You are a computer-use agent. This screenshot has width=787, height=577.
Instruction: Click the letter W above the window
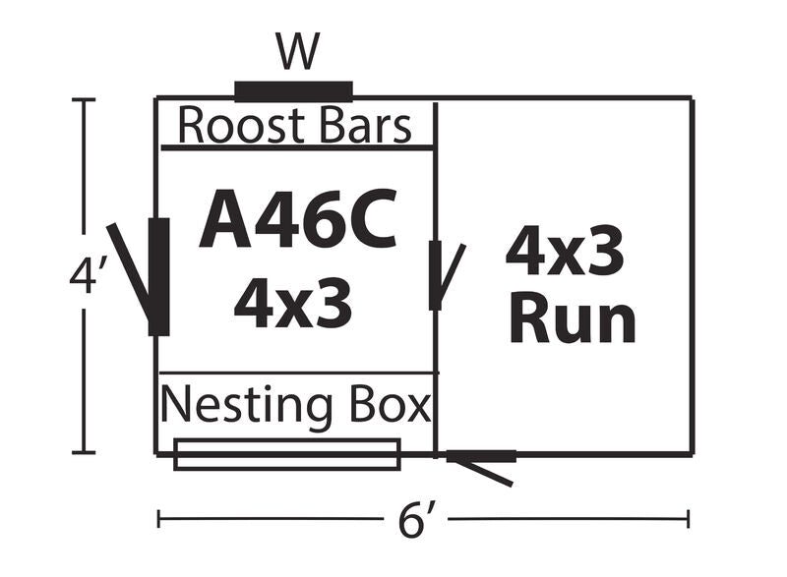point(297,52)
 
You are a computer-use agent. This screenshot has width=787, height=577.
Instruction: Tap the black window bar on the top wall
point(293,92)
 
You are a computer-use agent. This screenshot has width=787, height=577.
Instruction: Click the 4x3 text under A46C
point(293,303)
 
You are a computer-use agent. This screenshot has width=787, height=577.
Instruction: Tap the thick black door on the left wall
point(158,276)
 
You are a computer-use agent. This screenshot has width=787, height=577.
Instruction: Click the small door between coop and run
point(435,275)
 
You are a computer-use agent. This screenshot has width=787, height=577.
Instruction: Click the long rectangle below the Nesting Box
point(287,455)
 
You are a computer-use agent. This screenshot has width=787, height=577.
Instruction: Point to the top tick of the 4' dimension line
point(83,100)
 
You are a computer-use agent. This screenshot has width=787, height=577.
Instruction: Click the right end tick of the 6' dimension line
point(689,518)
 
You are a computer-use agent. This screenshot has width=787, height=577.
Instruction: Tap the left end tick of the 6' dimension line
point(159,518)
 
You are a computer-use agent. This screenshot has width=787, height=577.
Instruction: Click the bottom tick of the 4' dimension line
point(83,453)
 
